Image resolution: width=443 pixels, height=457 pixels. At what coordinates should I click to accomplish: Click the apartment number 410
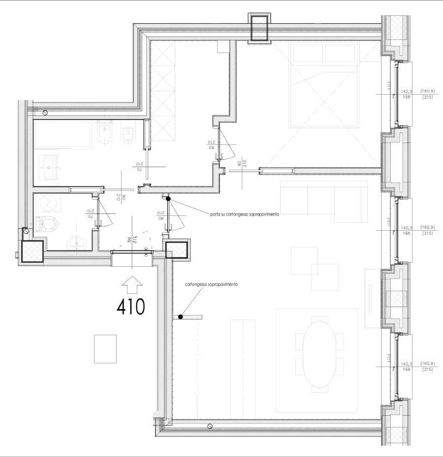pos(131,307)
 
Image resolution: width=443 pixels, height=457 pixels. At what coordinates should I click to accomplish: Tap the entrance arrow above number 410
pos(131,285)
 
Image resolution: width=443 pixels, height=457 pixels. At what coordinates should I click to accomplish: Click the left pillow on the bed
pos(308,53)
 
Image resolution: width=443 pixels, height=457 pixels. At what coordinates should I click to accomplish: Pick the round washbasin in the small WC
pos(77,242)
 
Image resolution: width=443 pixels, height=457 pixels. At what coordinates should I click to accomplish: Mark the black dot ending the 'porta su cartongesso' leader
pos(168,199)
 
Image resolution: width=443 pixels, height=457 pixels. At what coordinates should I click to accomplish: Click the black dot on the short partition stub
pos(181,317)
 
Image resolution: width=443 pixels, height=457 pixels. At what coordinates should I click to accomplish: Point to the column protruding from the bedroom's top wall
pos(259,28)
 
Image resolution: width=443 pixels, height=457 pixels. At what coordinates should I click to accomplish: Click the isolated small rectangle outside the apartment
pos(105,349)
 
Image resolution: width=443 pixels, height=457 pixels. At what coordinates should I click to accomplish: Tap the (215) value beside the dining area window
pos(427,369)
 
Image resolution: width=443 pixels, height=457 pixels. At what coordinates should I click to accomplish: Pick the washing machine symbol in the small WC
pos(47,203)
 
